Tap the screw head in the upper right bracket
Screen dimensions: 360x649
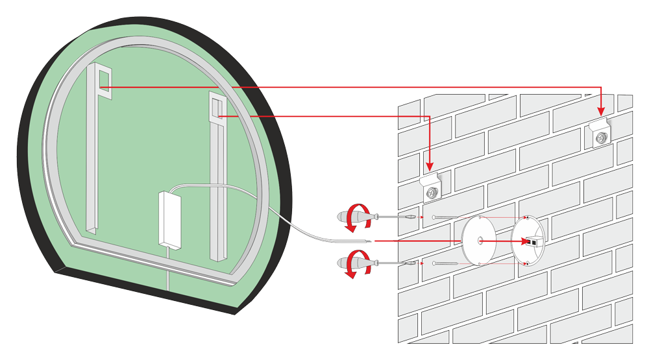point(601,138)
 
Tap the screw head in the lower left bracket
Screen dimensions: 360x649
point(432,192)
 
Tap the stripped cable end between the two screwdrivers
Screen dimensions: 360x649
point(367,241)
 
